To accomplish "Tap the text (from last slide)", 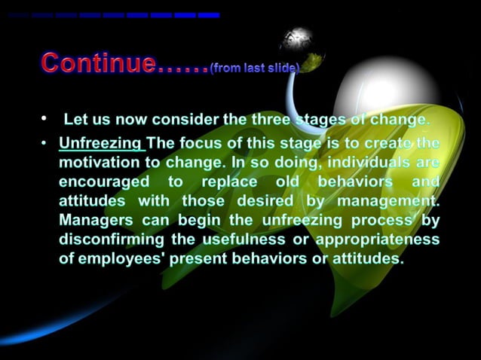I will tap(255, 68).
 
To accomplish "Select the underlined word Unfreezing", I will tap(101, 143).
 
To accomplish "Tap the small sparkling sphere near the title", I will tap(301, 41).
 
